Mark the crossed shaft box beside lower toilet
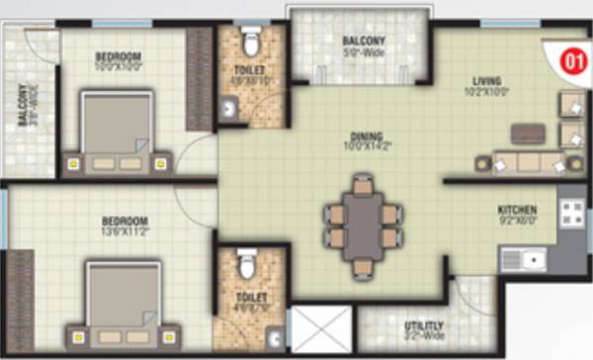[318, 328]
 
